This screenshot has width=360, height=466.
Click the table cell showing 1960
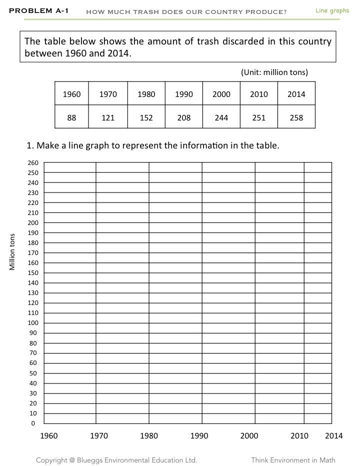(72, 94)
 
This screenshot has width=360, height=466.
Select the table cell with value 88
(72, 118)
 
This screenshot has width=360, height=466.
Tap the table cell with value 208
(184, 118)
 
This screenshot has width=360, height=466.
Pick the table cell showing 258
(296, 118)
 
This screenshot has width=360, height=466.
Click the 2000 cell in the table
(221, 94)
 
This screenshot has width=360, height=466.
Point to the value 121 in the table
(108, 118)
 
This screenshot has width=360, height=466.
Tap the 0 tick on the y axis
(34, 423)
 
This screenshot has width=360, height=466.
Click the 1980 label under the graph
(149, 436)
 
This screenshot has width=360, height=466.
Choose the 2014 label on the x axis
(333, 436)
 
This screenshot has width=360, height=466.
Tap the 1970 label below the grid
(99, 436)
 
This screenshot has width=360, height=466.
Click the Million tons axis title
(13, 252)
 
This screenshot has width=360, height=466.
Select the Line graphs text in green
(332, 10)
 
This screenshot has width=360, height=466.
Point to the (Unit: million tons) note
(274, 72)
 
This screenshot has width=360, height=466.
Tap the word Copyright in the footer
(52, 460)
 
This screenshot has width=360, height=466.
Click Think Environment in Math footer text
(293, 460)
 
